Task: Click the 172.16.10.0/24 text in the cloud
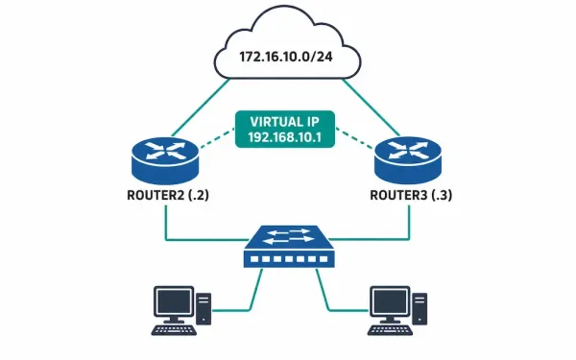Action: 286,57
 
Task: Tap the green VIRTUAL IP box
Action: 285,129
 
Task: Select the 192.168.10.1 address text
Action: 285,137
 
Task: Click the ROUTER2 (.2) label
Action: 168,195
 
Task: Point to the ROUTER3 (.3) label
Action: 411,195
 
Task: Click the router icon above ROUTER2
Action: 165,160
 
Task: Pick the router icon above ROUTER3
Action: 408,160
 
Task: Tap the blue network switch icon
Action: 289,246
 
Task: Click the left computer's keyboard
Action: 174,330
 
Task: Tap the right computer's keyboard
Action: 390,330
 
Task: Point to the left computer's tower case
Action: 204,308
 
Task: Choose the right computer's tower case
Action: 420,308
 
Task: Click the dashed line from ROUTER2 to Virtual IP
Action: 217,138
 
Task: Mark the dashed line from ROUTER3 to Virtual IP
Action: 354,138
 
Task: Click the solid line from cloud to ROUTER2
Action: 201,107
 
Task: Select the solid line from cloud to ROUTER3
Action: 371,107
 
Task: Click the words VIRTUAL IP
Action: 285,122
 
